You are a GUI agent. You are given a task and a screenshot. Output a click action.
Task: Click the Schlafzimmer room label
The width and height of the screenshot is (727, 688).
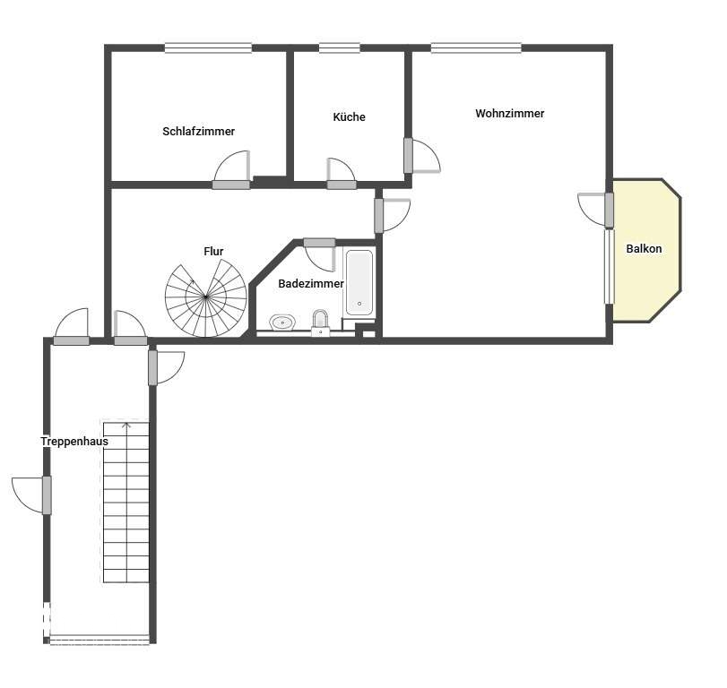pos(198,132)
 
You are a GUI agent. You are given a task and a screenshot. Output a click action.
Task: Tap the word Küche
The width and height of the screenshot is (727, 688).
pos(349,116)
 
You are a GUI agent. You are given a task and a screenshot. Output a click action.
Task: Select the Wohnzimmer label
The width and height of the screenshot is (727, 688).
pos(509,114)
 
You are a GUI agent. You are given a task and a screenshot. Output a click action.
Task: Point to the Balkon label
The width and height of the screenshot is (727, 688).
pos(644,249)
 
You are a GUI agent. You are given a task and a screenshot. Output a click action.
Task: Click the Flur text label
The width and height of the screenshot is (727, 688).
pos(213,252)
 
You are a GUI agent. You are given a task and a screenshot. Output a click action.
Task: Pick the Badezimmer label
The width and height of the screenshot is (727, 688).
pos(311,284)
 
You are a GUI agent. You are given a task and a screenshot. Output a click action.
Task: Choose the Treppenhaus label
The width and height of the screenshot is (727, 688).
pos(74,442)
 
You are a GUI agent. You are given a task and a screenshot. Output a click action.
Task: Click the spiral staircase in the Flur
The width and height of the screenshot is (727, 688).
pos(206,298)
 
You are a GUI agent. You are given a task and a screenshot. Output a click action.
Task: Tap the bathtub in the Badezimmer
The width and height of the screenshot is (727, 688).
pos(359,282)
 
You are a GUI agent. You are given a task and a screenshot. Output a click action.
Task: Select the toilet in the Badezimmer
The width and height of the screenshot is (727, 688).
pos(320,322)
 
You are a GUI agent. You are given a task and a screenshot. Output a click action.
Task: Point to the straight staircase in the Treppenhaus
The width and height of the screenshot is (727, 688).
pos(126,502)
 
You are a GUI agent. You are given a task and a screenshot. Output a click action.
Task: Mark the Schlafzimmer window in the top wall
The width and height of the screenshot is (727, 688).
pos(208,47)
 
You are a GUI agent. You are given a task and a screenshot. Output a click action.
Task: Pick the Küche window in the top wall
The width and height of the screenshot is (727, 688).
pos(340,47)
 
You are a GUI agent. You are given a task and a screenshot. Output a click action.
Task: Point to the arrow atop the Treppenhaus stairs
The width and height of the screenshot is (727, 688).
pos(126,425)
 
